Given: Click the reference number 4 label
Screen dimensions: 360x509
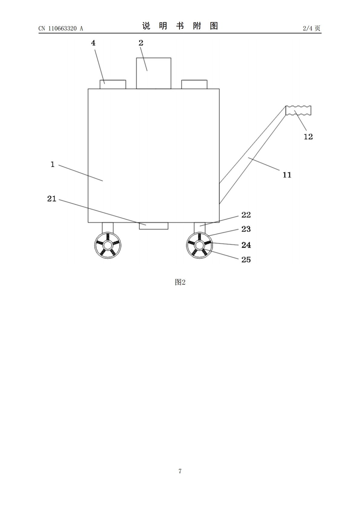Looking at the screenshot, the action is click(93, 43).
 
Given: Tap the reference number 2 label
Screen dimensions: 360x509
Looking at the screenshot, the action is click(141, 43).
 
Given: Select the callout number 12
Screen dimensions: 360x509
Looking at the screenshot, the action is click(308, 137).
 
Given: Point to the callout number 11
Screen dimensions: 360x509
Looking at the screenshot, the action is click(287, 175).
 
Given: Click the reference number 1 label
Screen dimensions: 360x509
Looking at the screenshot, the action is click(53, 164).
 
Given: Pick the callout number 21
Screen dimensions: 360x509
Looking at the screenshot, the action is click(52, 199).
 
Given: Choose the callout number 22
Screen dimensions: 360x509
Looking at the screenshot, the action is click(246, 215).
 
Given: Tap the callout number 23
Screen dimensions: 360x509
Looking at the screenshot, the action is click(246, 229).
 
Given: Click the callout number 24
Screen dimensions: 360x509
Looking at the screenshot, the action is click(246, 245).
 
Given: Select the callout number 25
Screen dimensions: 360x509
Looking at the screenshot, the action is click(246, 260).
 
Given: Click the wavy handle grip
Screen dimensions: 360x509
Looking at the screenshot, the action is click(298, 110).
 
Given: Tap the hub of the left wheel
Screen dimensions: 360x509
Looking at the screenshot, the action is click(108, 245).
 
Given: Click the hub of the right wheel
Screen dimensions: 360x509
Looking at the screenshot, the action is click(199, 245).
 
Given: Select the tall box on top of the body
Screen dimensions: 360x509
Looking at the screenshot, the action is click(153, 73).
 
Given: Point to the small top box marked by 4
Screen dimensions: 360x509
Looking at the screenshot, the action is click(113, 84).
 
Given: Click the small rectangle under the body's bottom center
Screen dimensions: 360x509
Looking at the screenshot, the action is click(154, 226).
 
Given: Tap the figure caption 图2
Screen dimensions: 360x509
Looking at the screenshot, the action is click(180, 282).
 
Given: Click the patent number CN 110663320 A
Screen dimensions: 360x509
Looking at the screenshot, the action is click(61, 28).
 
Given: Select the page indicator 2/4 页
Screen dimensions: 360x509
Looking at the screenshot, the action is click(312, 28).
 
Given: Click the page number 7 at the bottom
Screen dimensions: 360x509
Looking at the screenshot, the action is click(180, 471).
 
